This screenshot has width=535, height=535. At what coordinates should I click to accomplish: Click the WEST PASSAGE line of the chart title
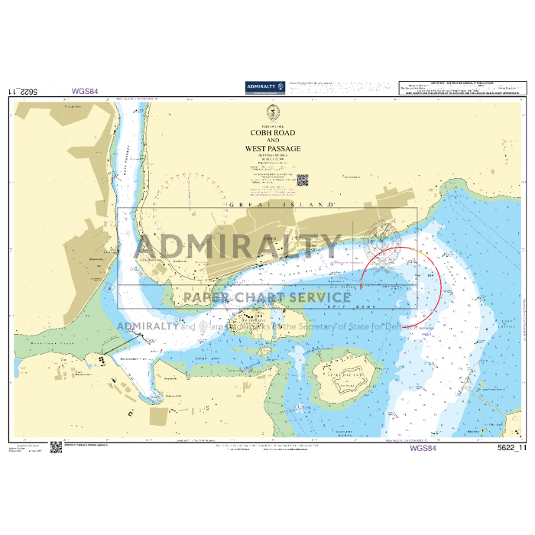tap(273, 148)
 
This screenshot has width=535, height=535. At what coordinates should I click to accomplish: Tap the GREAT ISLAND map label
tap(282, 205)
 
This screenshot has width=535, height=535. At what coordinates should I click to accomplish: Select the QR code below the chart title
tap(302, 181)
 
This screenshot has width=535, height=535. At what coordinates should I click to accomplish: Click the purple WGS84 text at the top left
tap(85, 91)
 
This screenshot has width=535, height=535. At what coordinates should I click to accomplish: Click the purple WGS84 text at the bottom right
tap(423, 449)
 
